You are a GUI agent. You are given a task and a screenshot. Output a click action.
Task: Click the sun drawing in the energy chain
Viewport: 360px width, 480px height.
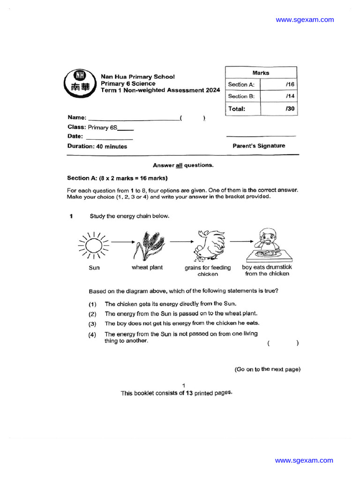[x=94, y=245]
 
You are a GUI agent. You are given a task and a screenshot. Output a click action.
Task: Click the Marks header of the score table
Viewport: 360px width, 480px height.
[x=261, y=73]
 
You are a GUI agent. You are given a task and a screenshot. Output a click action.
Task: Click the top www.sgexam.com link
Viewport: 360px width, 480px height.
[x=305, y=20]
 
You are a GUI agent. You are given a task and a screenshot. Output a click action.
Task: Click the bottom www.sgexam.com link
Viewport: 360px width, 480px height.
[x=304, y=460]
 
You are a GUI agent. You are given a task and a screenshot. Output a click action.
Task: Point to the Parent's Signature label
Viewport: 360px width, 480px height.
[x=259, y=146]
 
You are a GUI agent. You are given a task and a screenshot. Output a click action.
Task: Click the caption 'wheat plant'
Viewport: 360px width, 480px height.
[x=147, y=268]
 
